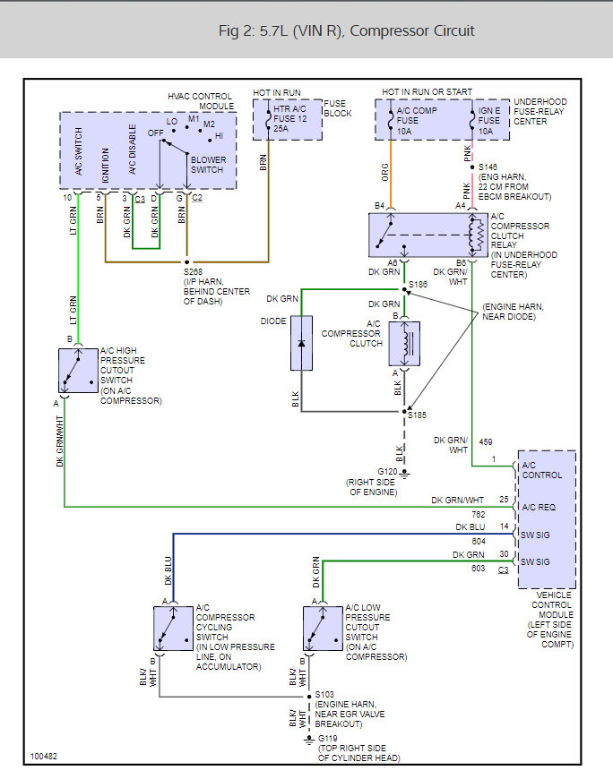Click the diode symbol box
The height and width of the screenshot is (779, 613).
pos(302,343)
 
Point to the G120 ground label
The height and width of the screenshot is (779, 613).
pos(387,471)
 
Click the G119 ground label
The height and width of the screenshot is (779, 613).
pos(329,739)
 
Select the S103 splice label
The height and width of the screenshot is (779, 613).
pos(324,695)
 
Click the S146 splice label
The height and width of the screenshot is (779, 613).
pos(488,167)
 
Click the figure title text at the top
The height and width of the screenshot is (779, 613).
pos(346,30)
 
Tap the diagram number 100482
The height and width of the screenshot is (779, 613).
pos(42,756)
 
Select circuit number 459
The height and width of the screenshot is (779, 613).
pos(485,441)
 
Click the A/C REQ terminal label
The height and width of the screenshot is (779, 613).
pos(541,507)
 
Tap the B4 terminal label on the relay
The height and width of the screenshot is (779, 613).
pos(379,206)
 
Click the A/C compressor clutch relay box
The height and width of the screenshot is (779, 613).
pos(428,235)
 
